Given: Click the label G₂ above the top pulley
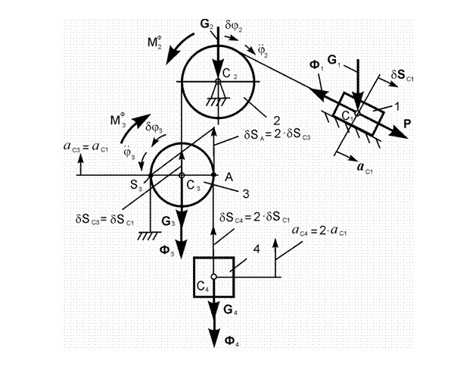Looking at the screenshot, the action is pos(207,24).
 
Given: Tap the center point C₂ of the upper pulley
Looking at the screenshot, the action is pos(218,81).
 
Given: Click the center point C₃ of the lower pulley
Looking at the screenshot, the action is pos(182,175).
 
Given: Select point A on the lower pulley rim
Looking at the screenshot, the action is pos(213,174).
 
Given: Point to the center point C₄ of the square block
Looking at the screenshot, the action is pos(214,276).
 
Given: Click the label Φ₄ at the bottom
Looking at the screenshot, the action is pos(232,340).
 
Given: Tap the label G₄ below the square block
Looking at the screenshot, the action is pos(231,310).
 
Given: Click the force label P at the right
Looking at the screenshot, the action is pos(407,124).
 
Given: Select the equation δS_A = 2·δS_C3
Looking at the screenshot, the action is pos(277,136).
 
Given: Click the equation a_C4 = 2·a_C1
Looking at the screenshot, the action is pos(319,231).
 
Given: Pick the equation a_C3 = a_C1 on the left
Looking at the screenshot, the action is pos(86,147).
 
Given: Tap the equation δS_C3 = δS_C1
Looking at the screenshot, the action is pos(105,220).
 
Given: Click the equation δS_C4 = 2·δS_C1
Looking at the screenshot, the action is pos(254,218).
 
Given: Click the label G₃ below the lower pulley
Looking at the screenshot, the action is pos(168,221).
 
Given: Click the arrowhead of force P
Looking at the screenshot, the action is pos(401,134).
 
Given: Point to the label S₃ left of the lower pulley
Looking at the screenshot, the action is pos(136,185).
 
